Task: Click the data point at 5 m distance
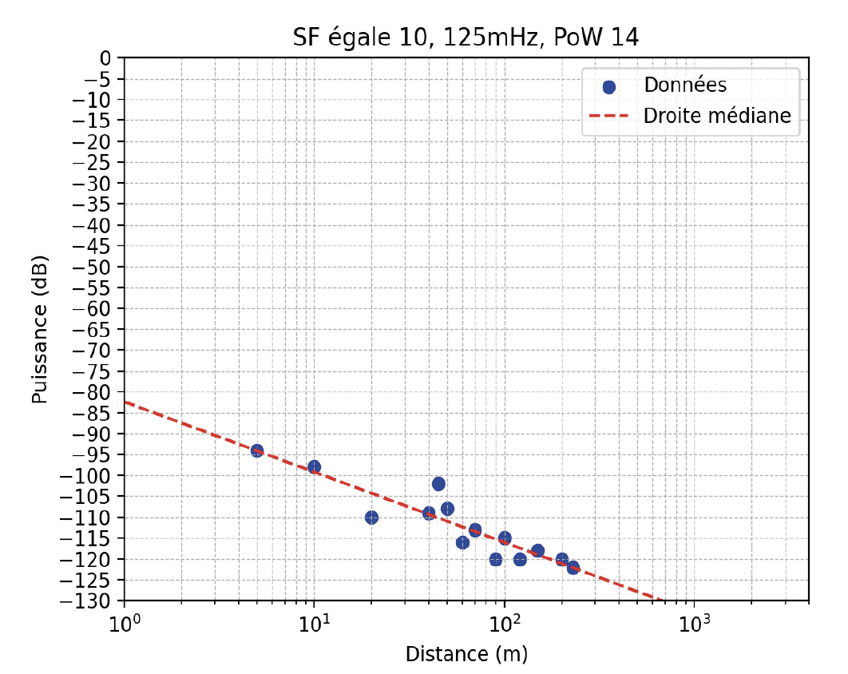point(256,450)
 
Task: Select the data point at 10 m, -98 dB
point(314,466)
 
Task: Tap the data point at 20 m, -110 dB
point(371,517)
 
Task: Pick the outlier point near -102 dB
point(438,484)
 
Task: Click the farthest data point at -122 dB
point(573,568)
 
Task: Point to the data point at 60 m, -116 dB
point(462,542)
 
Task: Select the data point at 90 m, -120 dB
point(496,559)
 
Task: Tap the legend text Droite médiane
point(717,117)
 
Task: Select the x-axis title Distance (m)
point(466,654)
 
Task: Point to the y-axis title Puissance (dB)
point(40,329)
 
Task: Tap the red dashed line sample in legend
point(609,117)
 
